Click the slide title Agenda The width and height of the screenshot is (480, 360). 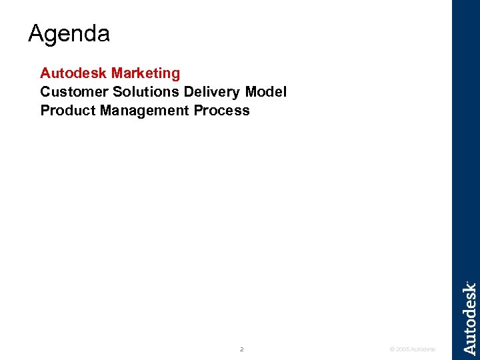69,33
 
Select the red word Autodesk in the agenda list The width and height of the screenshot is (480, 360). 74,73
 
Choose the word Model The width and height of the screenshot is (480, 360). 266,91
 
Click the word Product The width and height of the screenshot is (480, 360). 68,110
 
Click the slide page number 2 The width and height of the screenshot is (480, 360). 241,349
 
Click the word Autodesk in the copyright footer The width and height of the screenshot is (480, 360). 423,349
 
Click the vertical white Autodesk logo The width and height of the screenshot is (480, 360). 469,319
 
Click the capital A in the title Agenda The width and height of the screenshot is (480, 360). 36,33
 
